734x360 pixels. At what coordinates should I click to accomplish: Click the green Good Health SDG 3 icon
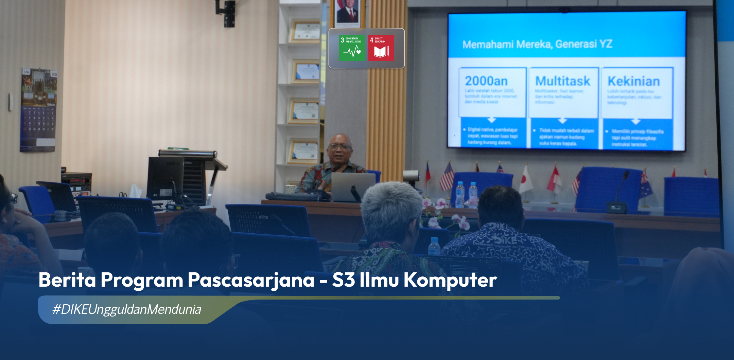[x=352, y=48]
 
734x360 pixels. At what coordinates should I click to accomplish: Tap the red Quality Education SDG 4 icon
[x=381, y=48]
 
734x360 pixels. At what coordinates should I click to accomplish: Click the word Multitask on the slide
[x=562, y=81]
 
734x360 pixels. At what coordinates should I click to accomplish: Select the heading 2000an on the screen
[x=486, y=81]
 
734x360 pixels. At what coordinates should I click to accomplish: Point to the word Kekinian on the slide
[x=633, y=82]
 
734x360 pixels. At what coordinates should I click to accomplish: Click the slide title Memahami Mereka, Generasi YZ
[x=537, y=44]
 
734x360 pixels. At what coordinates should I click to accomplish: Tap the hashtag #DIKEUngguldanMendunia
[x=127, y=309]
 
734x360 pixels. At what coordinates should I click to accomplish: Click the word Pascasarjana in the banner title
[x=251, y=280]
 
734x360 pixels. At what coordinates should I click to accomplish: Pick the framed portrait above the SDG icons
[x=347, y=13]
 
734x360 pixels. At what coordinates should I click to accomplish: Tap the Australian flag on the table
[x=645, y=185]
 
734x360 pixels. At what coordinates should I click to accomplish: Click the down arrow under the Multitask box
[x=562, y=121]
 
